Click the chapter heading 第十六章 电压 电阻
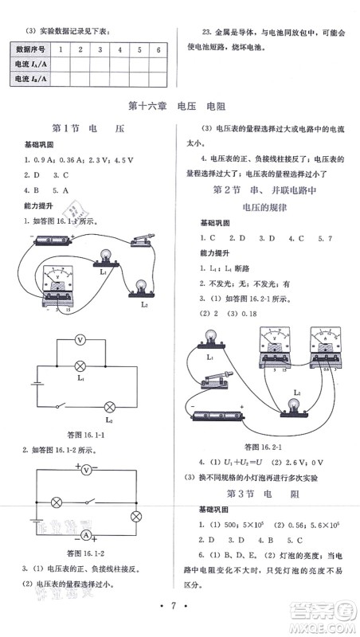pos(179,104)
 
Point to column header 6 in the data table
pos(160,49)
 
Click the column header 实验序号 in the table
pos(32,49)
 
